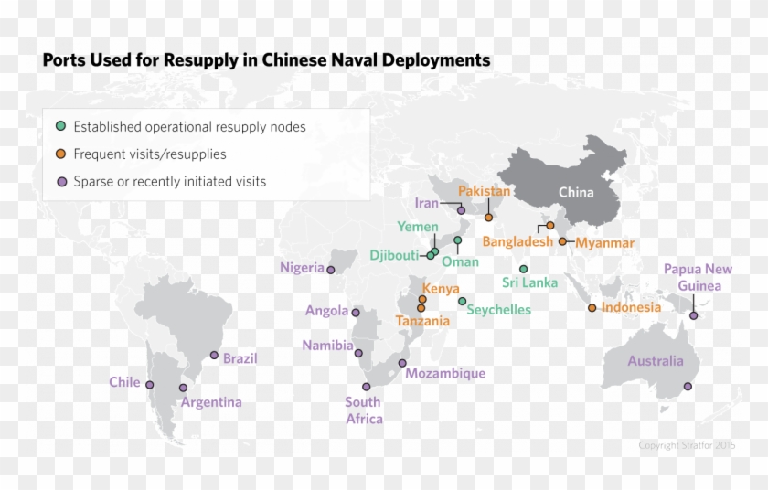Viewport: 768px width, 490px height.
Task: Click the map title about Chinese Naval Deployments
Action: (266, 60)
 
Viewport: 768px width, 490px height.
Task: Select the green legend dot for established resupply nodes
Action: (60, 127)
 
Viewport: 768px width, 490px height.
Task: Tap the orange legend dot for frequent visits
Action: (60, 154)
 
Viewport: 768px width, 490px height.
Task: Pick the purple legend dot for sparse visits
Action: (60, 181)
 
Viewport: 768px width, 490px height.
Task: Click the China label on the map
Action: (576, 192)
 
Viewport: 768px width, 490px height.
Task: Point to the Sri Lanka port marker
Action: (523, 269)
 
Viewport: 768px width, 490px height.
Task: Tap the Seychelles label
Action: (498, 310)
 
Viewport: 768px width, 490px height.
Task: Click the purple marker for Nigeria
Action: (331, 270)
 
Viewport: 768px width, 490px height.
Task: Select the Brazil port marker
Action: (215, 356)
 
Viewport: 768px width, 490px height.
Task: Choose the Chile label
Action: (124, 382)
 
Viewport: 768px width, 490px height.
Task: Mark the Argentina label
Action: (211, 402)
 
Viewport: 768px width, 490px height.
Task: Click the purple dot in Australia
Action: (688, 386)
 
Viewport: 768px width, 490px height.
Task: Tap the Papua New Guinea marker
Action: (694, 315)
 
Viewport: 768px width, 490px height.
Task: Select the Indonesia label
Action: (631, 307)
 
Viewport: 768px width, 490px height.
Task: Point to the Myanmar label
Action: (604, 242)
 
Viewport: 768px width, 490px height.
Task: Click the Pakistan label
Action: (484, 191)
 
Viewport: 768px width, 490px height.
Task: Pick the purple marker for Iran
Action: (461, 210)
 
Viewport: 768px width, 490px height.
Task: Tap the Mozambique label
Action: (445, 373)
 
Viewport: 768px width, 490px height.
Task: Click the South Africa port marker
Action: (366, 387)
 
